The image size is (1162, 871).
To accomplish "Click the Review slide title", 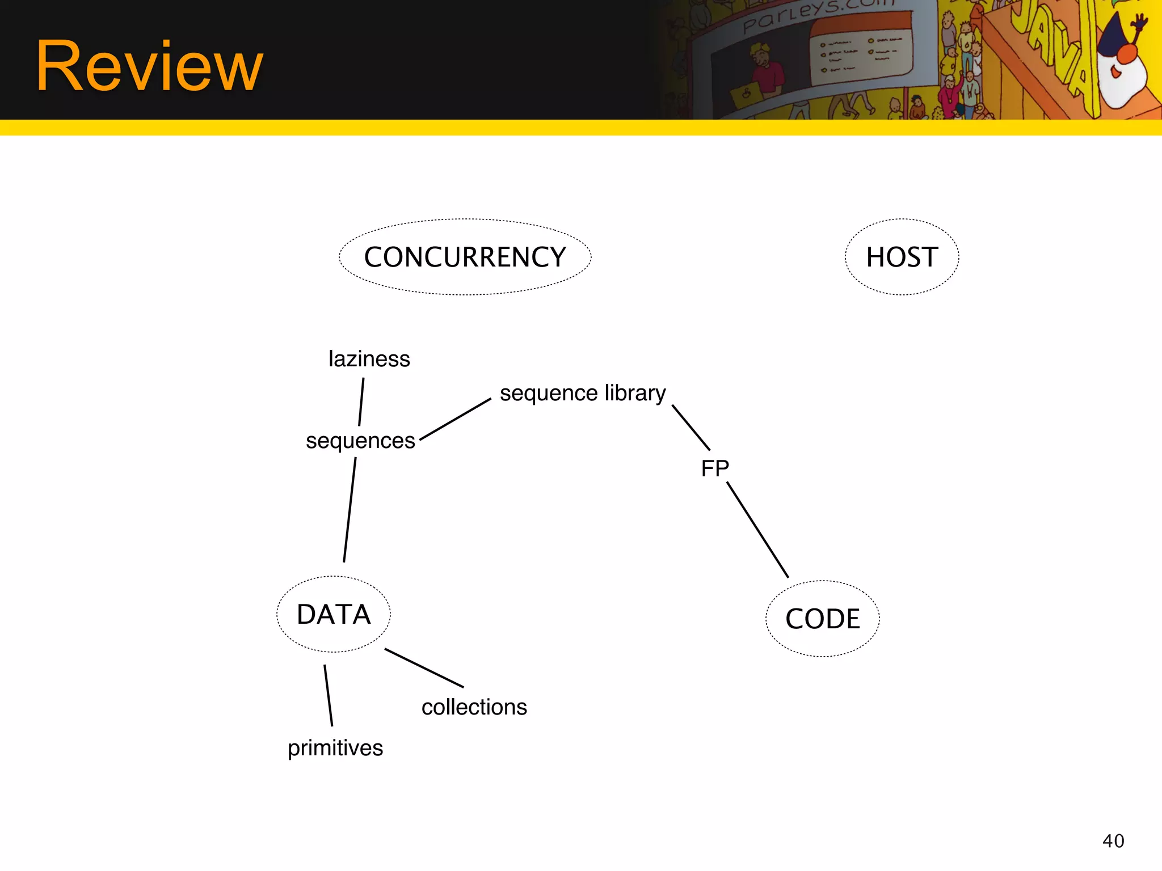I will pyautogui.click(x=149, y=66).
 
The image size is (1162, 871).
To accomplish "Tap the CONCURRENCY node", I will pyautogui.click(x=465, y=257).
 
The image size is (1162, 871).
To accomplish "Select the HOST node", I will pyautogui.click(x=902, y=257).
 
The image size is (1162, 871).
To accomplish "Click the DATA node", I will pyautogui.click(x=334, y=614).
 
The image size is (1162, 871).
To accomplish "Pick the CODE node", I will pyautogui.click(x=822, y=619).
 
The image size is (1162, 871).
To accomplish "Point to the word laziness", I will pyautogui.click(x=369, y=359).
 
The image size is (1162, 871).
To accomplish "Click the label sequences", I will pyautogui.click(x=360, y=441).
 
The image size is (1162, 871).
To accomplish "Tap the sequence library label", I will pyautogui.click(x=583, y=393).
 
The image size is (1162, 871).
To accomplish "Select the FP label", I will pyautogui.click(x=715, y=468).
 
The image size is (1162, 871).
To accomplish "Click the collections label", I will pyautogui.click(x=474, y=707).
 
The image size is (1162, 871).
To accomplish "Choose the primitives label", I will pyautogui.click(x=335, y=748).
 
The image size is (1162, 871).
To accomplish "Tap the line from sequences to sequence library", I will pyautogui.click(x=455, y=419).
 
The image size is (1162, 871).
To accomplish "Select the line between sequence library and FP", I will pyautogui.click(x=691, y=428).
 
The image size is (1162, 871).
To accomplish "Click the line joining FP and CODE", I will pyautogui.click(x=758, y=530).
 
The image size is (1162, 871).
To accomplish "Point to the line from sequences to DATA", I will pyautogui.click(x=350, y=510).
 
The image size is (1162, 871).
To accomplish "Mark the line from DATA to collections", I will pyautogui.click(x=424, y=668).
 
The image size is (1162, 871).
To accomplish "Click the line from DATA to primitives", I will pyautogui.click(x=328, y=695).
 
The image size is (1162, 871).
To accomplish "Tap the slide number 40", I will pyautogui.click(x=1113, y=841).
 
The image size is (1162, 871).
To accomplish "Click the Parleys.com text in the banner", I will pyautogui.click(x=817, y=14).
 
